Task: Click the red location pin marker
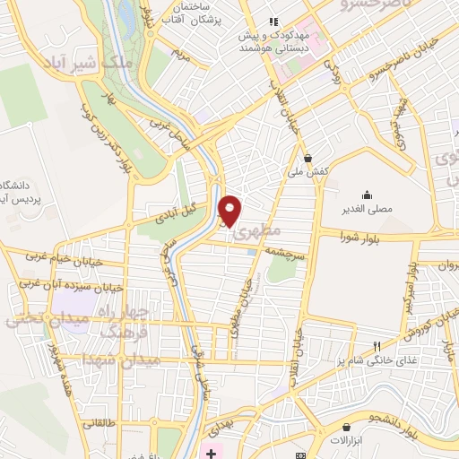(230, 210)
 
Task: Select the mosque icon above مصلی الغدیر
(366, 195)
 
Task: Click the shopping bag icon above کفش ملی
(307, 157)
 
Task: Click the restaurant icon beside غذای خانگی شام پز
(377, 346)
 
